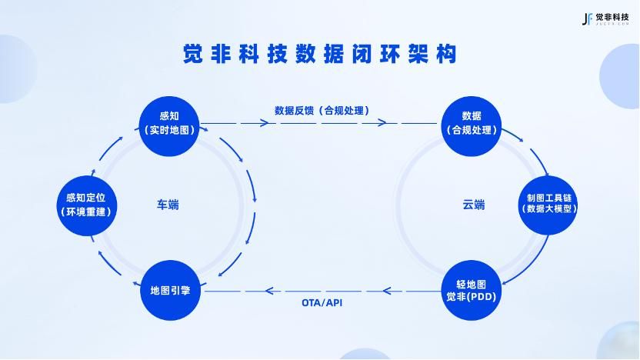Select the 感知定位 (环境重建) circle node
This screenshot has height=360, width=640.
[x=89, y=204]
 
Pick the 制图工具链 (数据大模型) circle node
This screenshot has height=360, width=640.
[x=547, y=202]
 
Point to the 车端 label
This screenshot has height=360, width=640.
[x=168, y=205]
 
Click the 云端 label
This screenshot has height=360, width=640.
[x=474, y=205]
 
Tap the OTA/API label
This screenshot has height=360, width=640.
[x=322, y=302]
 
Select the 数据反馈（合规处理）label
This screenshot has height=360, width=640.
[x=322, y=110]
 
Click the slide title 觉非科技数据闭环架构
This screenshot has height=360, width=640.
[x=320, y=55]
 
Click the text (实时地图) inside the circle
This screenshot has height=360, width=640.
[x=169, y=130]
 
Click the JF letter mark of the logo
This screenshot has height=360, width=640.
[x=587, y=18]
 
